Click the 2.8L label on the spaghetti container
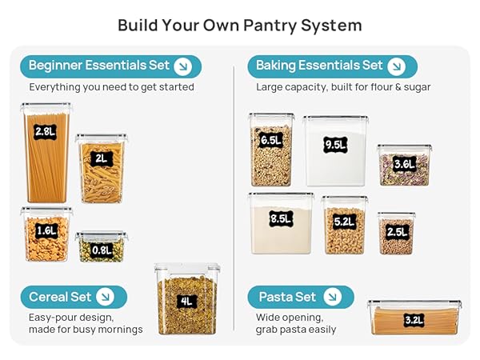tap(45, 132)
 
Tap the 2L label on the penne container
tap(102, 159)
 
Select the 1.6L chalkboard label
tap(46, 230)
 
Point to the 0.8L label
tap(102, 250)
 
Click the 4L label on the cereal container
tap(186, 302)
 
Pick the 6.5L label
tap(271, 141)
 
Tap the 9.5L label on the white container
tap(335, 145)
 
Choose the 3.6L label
tap(404, 164)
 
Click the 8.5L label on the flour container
tap(281, 219)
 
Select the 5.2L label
tap(345, 222)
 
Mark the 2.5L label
tap(397, 232)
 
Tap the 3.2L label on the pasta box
tap(414, 320)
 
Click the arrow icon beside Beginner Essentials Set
tap(182, 66)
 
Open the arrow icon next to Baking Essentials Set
tap(397, 66)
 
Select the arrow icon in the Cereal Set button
tap(105, 297)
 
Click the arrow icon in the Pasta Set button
tap(333, 297)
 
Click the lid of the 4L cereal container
tap(187, 267)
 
